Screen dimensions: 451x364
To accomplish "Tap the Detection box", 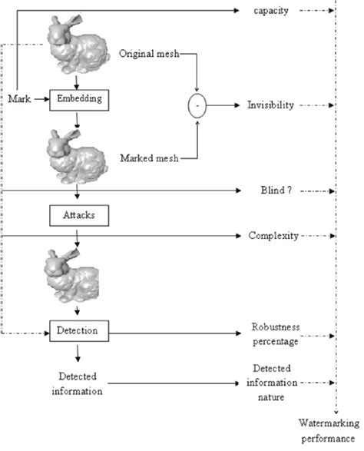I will (x=76, y=330).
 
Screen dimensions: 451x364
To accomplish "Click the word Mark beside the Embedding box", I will (x=19, y=99).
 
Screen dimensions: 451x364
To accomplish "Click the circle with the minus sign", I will (x=198, y=104).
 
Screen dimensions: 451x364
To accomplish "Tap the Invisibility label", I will (x=270, y=104).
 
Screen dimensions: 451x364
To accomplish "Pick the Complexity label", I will (x=273, y=235).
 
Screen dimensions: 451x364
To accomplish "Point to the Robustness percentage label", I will (x=274, y=333).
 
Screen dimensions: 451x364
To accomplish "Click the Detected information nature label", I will (x=273, y=382).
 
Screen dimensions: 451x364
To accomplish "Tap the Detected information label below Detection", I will (x=76, y=383).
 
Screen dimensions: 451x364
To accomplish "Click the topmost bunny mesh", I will (x=77, y=45).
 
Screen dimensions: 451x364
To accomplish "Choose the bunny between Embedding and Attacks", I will (x=75, y=156).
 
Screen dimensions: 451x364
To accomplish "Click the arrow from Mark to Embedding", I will (x=41, y=99).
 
